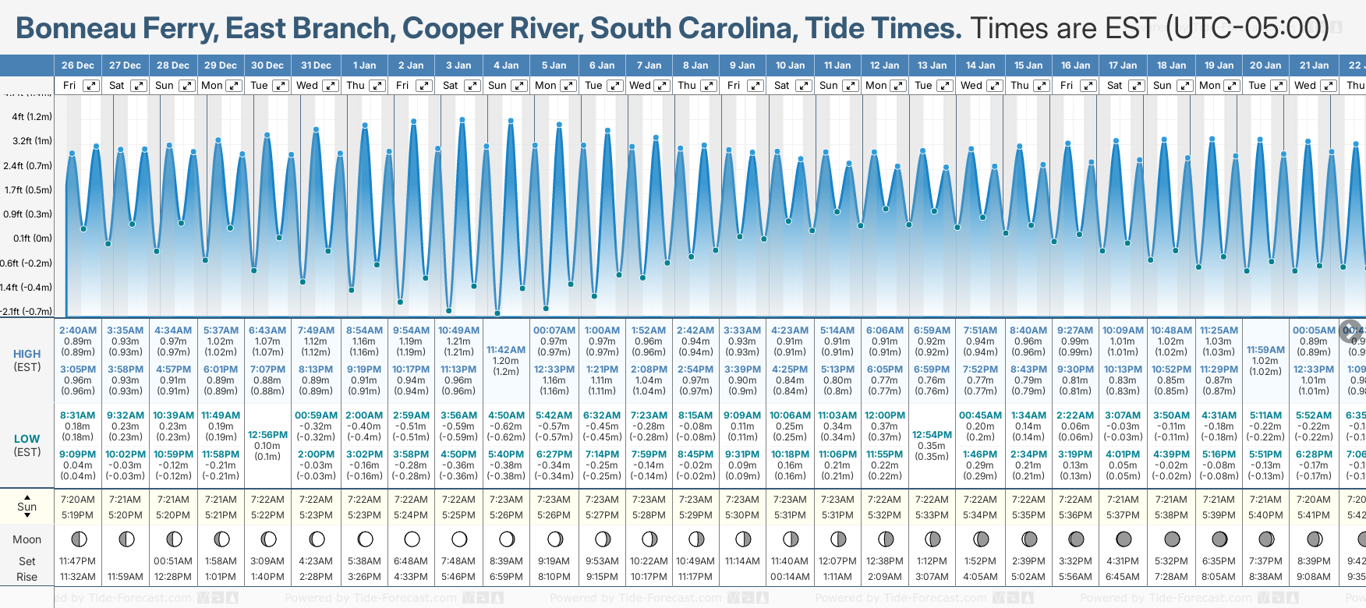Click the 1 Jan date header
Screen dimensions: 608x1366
364,65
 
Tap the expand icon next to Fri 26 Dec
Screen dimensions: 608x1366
91,86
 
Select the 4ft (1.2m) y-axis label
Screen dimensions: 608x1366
32,117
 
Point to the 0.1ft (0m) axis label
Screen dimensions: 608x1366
33,239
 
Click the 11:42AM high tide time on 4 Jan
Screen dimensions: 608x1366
506,350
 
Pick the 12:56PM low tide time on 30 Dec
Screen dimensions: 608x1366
267,435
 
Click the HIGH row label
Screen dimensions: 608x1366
27,354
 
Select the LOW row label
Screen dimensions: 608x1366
27,439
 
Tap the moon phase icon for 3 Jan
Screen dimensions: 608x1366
459,539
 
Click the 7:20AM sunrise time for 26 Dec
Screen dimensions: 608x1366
77,500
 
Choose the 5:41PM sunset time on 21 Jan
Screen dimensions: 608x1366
1314,515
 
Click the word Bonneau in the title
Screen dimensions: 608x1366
67,29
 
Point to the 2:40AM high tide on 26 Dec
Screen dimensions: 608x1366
78,331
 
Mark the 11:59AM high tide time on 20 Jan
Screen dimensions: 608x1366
1265,350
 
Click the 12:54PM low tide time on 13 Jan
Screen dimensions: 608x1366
932,435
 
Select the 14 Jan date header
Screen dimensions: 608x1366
980,65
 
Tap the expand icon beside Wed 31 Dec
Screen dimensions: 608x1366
330,86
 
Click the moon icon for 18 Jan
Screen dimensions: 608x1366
1171,539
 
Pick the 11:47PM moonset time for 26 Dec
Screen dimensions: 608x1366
77,561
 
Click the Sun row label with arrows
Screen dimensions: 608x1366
27,507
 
